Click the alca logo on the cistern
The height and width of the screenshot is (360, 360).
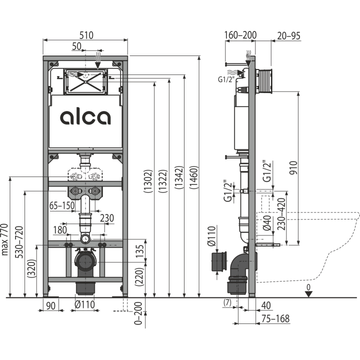point(85,117)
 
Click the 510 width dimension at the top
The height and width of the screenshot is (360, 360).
point(86,35)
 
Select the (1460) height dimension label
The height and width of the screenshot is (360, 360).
point(193,177)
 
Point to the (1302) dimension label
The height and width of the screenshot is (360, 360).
point(148,181)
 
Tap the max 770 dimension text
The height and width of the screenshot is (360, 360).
point(5,239)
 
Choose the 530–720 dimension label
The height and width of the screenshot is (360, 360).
point(19,242)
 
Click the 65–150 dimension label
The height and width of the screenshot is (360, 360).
point(62,205)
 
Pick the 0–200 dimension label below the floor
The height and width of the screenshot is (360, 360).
point(138,313)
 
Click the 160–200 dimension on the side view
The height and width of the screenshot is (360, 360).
point(240,35)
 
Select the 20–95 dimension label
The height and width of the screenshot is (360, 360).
point(288,36)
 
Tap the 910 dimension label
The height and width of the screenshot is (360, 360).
point(293,167)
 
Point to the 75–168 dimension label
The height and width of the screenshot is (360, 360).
point(275,318)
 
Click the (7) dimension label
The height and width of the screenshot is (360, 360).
point(227,302)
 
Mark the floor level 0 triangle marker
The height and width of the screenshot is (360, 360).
point(308,294)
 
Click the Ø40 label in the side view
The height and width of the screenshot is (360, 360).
point(267,223)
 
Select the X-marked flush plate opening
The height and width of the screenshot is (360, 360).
point(85,81)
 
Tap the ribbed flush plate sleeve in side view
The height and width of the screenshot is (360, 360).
point(264,81)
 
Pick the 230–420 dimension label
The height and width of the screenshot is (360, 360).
point(281,214)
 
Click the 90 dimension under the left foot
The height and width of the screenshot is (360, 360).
point(50,305)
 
